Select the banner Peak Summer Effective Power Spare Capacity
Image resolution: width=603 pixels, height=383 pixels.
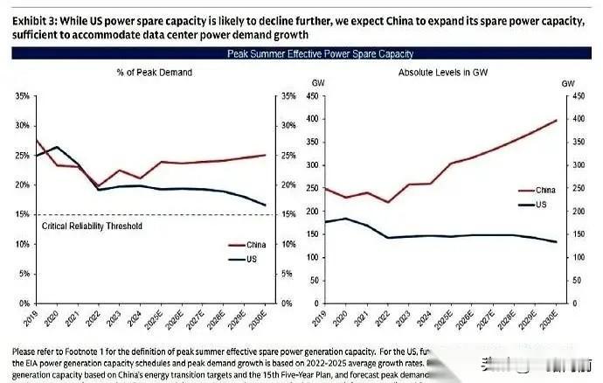[x=301, y=53]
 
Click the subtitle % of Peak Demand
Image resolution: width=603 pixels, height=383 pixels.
[x=154, y=73]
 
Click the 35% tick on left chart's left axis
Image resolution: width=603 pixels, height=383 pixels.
[x=22, y=96]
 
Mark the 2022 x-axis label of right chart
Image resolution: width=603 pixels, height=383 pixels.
[x=387, y=316]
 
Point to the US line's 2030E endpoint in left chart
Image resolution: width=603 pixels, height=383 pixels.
[x=266, y=205]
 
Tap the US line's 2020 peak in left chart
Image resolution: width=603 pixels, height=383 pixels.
[x=57, y=147]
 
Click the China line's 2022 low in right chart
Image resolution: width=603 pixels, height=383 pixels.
[x=386, y=202]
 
